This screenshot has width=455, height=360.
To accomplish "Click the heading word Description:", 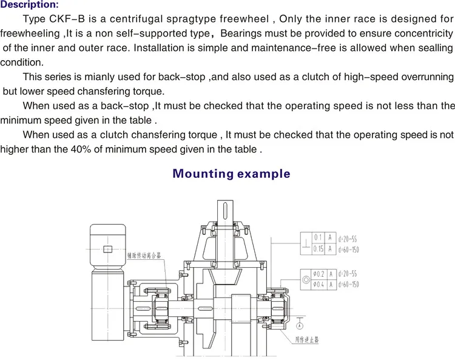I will click(x=30, y=5).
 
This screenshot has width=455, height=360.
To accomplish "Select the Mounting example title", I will click(x=231, y=174).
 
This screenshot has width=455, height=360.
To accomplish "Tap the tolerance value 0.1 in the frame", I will click(x=317, y=237).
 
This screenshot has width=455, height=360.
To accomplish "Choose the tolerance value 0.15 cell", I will click(x=317, y=248).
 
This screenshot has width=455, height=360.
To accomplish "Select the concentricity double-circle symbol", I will click(x=305, y=279).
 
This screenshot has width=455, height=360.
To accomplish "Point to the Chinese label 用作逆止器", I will click(x=307, y=340).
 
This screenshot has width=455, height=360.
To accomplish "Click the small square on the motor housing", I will click(x=107, y=248).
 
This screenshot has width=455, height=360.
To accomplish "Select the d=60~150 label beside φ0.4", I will click(x=348, y=284).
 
